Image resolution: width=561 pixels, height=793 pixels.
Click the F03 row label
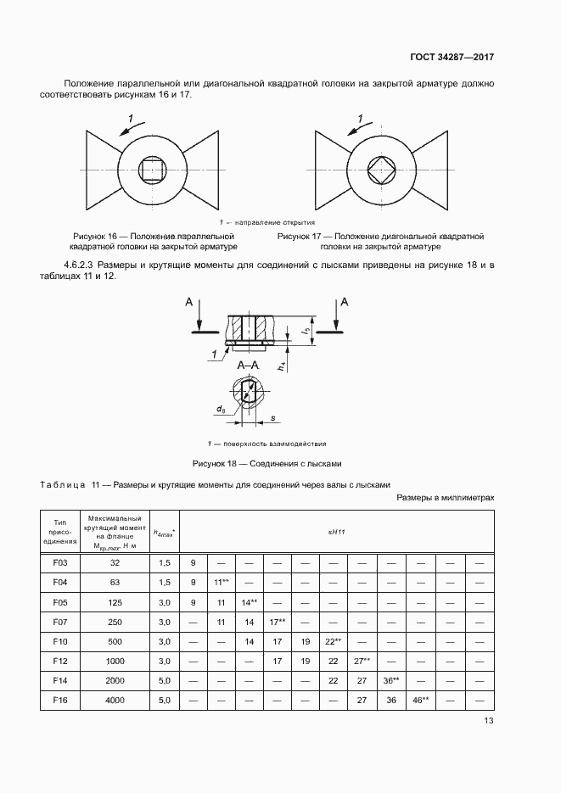click(59, 562)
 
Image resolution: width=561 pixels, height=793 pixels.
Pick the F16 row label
click(59, 700)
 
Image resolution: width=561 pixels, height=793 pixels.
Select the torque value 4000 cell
click(115, 700)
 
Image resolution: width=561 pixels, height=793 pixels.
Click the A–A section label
click(248, 366)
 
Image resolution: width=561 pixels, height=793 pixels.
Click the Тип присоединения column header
click(59, 531)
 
